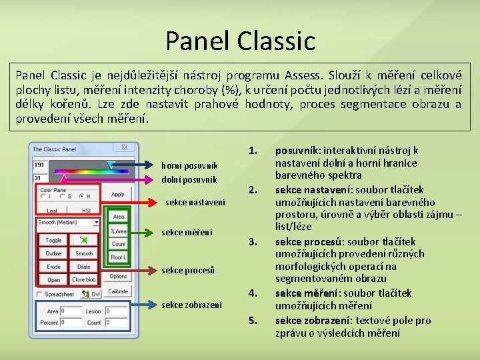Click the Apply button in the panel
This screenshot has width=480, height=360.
pyautogui.click(x=118, y=195)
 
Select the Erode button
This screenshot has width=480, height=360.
pyautogui.click(x=53, y=267)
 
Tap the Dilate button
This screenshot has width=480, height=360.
pyautogui.click(x=84, y=267)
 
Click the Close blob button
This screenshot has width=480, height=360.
pyautogui.click(x=84, y=280)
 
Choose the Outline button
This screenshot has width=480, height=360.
pyautogui.click(x=53, y=254)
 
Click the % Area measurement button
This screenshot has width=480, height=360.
pyautogui.click(x=119, y=231)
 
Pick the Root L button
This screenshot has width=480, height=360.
pyautogui.click(x=119, y=257)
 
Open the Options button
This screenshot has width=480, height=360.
pyautogui.click(x=119, y=276)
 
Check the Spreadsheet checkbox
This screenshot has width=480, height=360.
pyautogui.click(x=40, y=294)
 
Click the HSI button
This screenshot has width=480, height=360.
pyautogui.click(x=86, y=211)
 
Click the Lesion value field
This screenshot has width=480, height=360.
pyautogui.click(x=116, y=311)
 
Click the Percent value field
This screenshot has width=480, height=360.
pyautogui.click(x=71, y=323)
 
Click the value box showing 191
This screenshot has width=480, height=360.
pyautogui.click(x=42, y=165)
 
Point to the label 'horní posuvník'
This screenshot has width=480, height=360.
pyautogui.click(x=189, y=166)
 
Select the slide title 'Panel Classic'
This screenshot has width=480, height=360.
pyautogui.click(x=240, y=41)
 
